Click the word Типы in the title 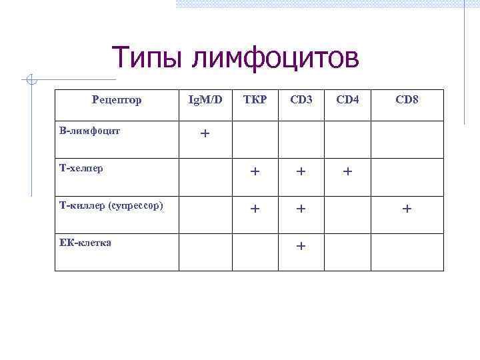(147, 58)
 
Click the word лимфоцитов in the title (275, 58)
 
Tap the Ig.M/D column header (205, 100)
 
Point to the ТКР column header (255, 100)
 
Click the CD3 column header (301, 100)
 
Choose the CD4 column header (347, 100)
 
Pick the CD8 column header (407, 100)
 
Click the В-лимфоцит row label (90, 131)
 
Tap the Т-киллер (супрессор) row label (111, 205)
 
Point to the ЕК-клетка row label (85, 243)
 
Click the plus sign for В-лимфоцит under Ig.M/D (205, 133)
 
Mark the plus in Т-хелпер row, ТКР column (255, 171)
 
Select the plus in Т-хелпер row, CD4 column (347, 171)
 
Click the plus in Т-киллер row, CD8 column (407, 209)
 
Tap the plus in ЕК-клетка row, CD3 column (301, 246)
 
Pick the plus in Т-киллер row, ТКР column (255, 209)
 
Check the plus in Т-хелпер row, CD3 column (301, 171)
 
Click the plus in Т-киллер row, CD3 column (301, 209)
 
